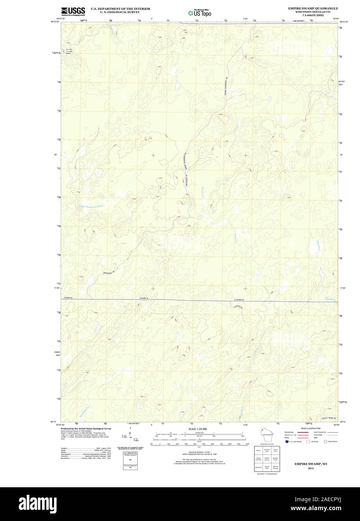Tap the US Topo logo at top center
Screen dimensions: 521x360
click(x=200, y=12)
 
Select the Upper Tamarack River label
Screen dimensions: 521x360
click(x=91, y=206)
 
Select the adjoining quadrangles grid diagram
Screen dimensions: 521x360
click(x=267, y=458)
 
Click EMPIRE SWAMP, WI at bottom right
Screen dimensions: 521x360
click(x=310, y=464)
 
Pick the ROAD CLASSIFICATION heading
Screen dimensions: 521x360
click(x=311, y=428)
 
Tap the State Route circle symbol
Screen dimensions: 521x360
click(x=326, y=442)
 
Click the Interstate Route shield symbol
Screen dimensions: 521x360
click(x=287, y=442)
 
